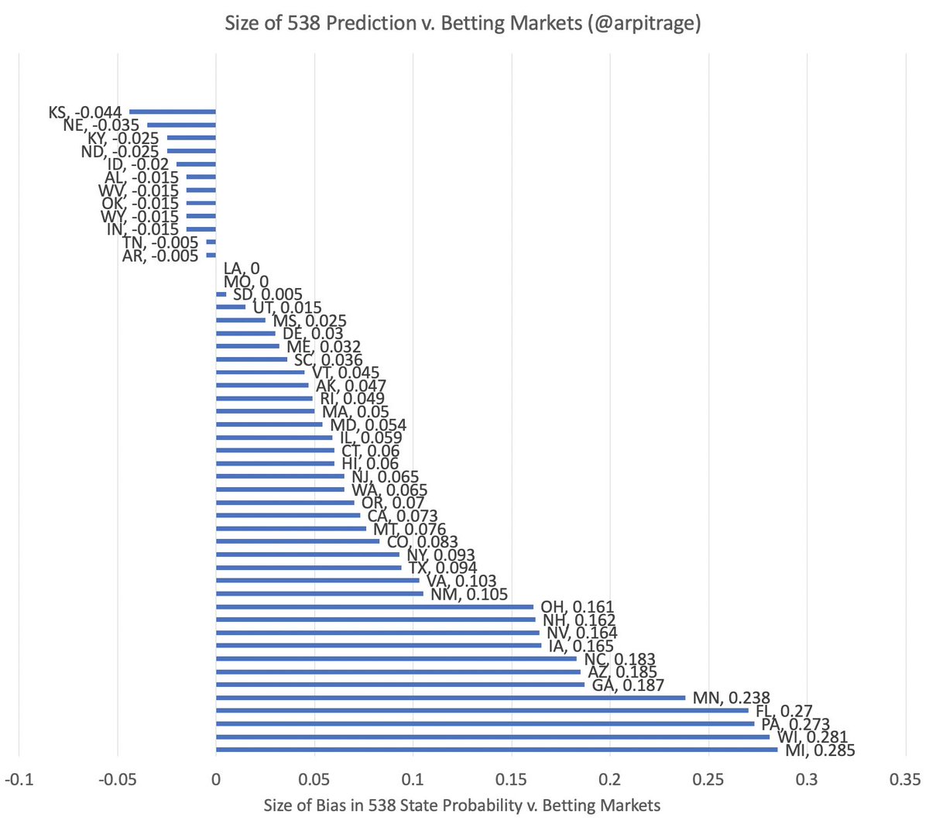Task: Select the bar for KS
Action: [x=172, y=112]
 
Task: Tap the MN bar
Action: [x=450, y=697]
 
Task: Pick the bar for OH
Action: [x=375, y=606]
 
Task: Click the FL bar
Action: [x=482, y=710]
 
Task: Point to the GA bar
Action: [x=399, y=685]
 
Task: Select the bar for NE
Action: [x=181, y=125]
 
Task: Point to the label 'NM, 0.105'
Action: [x=469, y=595]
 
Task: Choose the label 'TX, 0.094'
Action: [x=443, y=568]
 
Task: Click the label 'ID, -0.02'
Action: [x=138, y=164]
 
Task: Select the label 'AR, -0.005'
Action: [x=160, y=256]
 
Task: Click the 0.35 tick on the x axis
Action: [x=905, y=778]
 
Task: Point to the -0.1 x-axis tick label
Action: [x=19, y=778]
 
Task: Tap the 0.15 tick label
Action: [x=511, y=778]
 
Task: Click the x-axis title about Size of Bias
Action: [x=462, y=805]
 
